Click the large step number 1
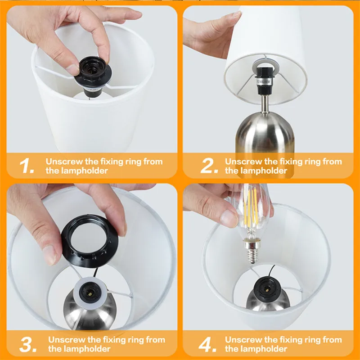coord(27,166)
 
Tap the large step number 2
coord(208,166)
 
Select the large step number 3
coord(28,344)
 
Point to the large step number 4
coord(207,344)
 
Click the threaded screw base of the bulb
coord(252,252)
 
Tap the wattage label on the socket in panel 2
coord(264,82)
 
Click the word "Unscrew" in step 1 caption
coord(64,162)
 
